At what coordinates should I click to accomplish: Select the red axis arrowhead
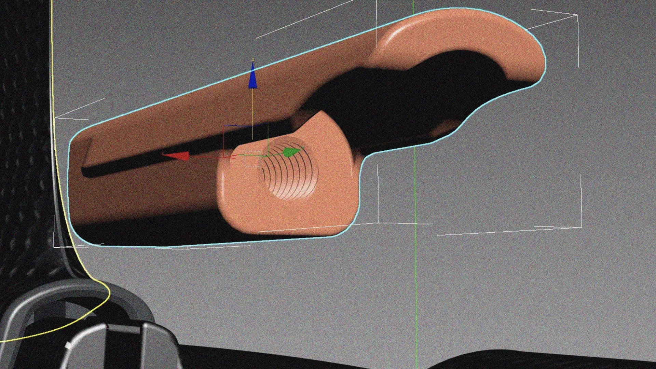(178, 156)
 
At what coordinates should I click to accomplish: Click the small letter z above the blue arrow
(253, 60)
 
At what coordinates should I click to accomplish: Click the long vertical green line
(415, 273)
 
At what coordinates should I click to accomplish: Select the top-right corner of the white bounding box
(577, 15)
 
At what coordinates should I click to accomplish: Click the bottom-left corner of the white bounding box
(55, 246)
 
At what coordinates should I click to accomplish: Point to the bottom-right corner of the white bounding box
(581, 227)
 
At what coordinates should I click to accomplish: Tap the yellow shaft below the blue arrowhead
(253, 109)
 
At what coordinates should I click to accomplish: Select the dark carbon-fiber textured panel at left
(20, 137)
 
